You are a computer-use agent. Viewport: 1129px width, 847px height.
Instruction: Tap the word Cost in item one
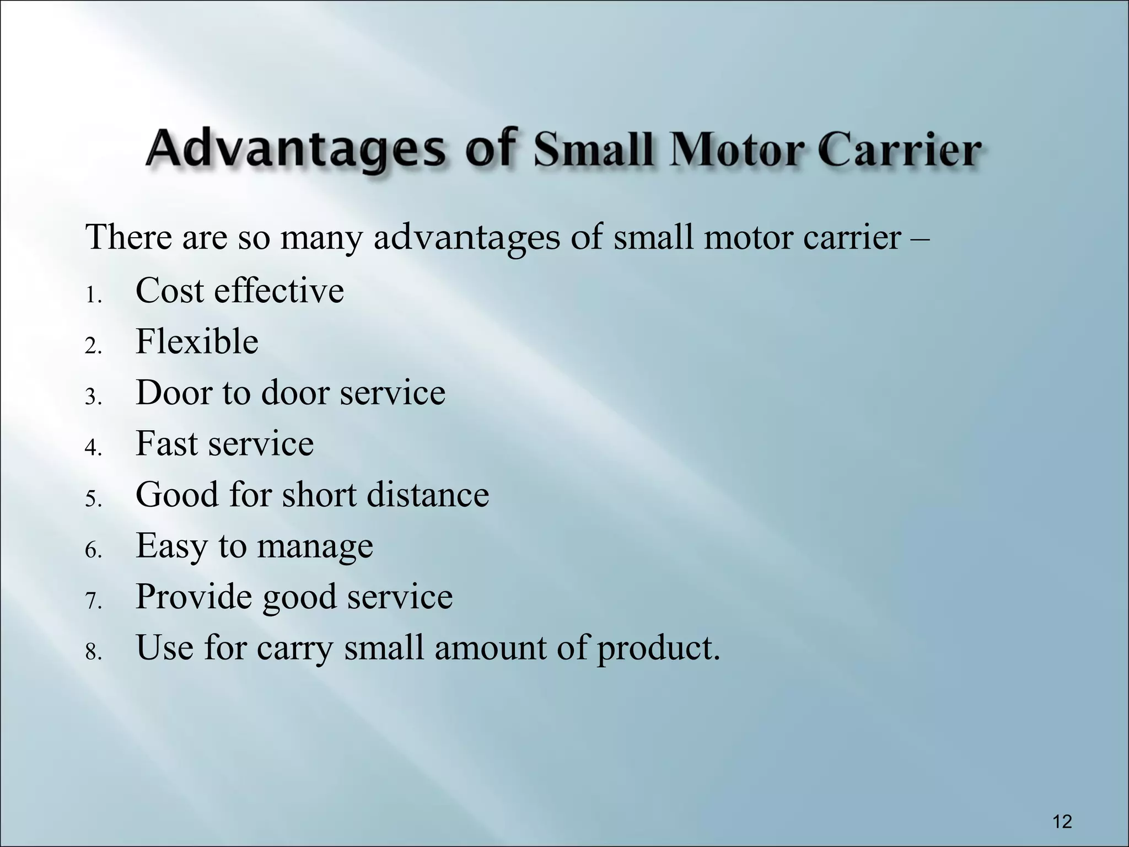[170, 291]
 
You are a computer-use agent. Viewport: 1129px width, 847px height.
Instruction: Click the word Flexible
[197, 342]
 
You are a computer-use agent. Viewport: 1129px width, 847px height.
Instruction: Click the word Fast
[167, 443]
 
